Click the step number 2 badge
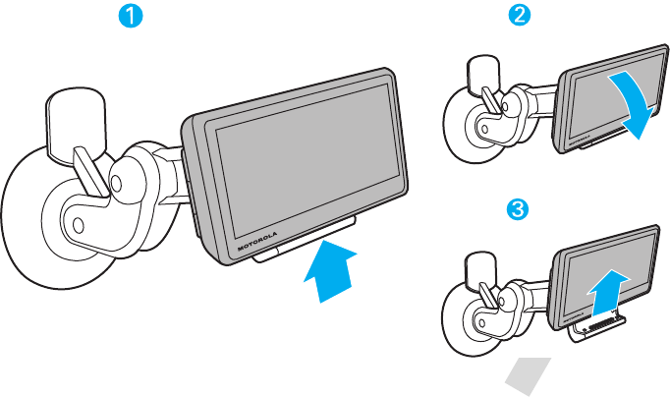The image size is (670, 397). point(519,17)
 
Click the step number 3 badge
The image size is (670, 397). point(519,209)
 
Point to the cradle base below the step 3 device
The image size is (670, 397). point(598,328)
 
